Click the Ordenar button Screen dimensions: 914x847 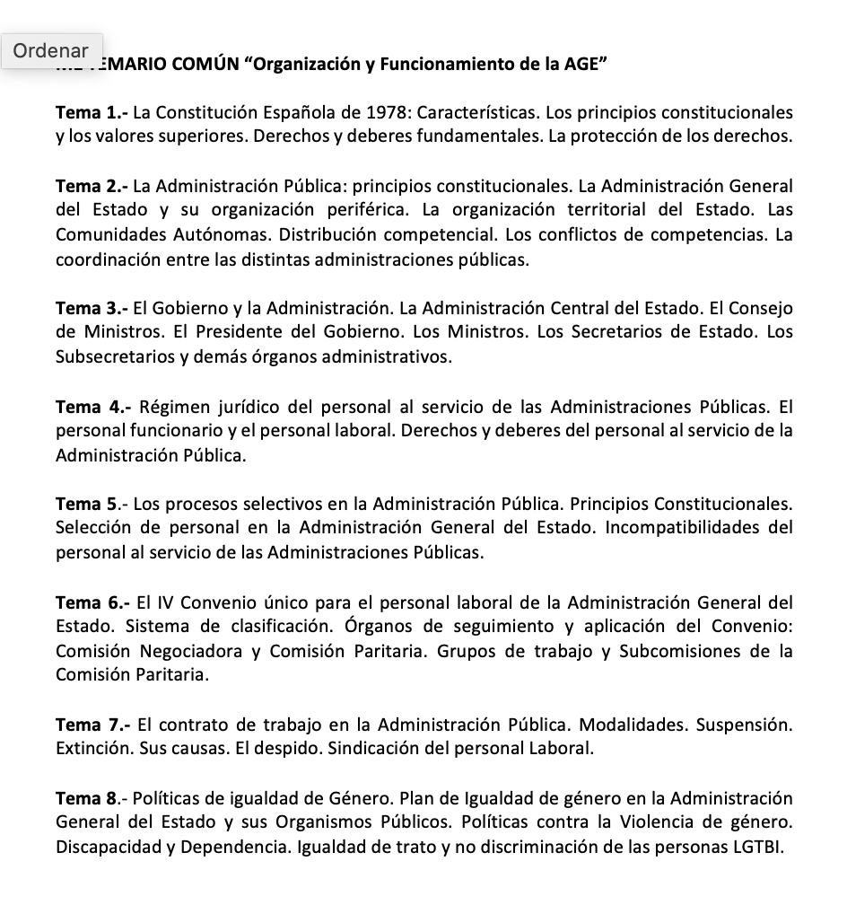51,51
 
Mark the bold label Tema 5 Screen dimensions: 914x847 87,505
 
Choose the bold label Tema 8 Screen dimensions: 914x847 87,797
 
